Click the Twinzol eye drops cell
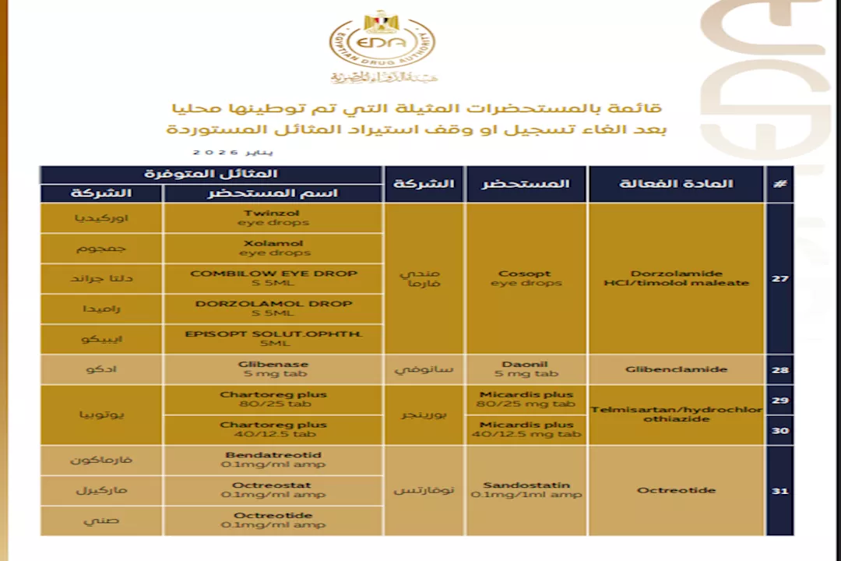pos(273,217)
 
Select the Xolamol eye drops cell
pos(273,248)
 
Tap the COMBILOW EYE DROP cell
pos(273,278)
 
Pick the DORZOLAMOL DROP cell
pos(273,309)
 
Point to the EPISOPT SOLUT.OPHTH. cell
pos(273,339)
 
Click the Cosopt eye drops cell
pos(526,278)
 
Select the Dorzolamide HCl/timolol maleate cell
pos(676,278)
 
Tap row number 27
pos(779,278)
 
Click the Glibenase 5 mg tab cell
pos(273,369)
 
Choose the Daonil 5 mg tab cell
pos(526,369)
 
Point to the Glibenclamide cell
pos(676,369)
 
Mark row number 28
pos(779,369)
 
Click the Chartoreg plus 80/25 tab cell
pos(273,400)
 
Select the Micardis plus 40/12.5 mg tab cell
pos(526,429)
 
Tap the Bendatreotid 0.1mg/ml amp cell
pos(273,460)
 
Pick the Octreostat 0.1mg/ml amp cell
pos(273,490)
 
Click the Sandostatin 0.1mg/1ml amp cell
pos(526,490)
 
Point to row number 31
pos(779,491)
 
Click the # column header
pos(779,184)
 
